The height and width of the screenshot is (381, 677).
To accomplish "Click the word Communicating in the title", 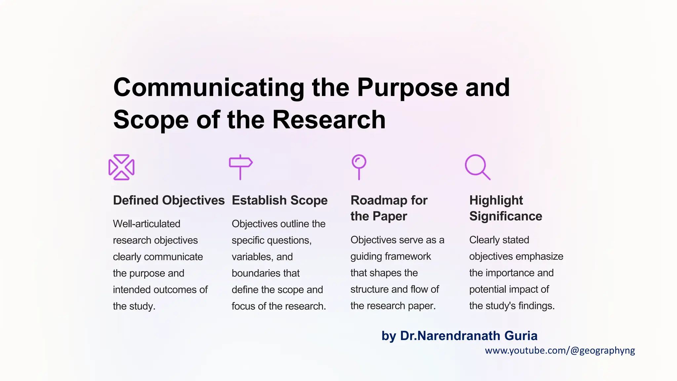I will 209,88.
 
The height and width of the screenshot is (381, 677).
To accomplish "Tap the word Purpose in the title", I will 407,88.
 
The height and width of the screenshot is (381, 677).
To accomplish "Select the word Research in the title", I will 329,120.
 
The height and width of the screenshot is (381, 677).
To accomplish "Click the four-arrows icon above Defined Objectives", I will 121,167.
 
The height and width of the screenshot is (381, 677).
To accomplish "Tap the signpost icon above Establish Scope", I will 241,167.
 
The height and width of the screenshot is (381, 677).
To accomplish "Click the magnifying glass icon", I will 477,167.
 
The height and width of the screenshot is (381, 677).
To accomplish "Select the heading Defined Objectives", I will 169,200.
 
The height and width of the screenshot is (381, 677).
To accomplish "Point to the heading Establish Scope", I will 280,200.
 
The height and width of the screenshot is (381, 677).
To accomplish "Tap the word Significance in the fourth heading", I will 506,216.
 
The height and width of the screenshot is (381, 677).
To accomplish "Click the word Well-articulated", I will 146,224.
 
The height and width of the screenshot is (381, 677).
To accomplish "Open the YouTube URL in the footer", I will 560,351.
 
